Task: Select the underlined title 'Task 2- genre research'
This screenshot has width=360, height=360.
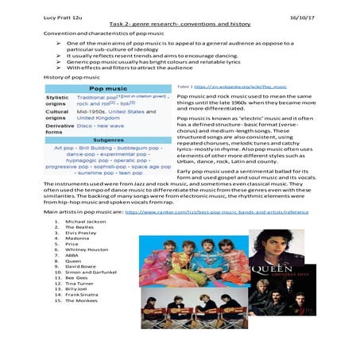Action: click(180, 25)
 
